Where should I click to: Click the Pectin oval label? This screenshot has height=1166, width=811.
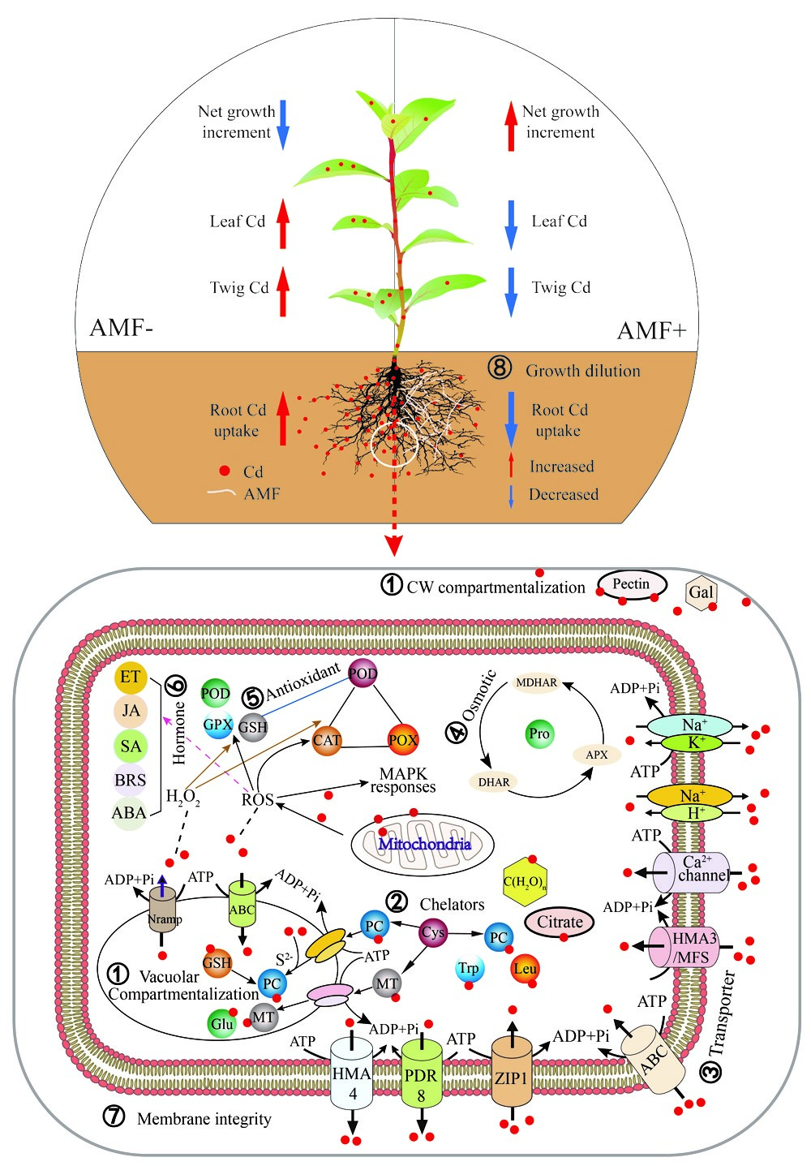pos(632,584)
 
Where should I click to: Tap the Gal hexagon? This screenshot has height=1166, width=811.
pos(701,592)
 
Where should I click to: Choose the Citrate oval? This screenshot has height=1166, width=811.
pos(560,922)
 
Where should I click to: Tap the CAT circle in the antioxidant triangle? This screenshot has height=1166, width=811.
pos(327,740)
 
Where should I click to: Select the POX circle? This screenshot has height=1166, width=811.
pos(403,740)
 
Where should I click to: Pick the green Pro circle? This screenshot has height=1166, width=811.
pos(539,734)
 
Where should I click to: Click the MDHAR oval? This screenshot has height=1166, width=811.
pos(537,682)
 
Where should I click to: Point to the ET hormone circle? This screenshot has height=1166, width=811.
pos(130,676)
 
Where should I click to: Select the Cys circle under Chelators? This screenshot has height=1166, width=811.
pos(433,932)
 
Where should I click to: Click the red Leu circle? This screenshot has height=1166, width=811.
pos(525,969)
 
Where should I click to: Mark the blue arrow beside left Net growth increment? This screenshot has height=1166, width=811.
pos(283,125)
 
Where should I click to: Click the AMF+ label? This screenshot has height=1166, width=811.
pos(652,331)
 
